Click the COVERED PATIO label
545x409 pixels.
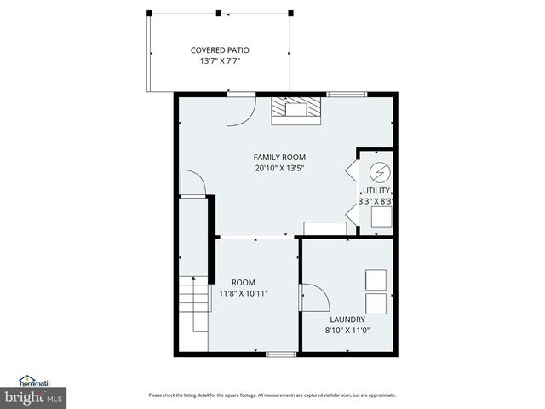(x=219, y=50)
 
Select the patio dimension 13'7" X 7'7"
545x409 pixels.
(x=219, y=61)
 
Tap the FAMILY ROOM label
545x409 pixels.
(x=279, y=157)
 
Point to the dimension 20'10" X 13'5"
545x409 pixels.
(x=279, y=168)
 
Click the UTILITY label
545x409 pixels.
(x=376, y=191)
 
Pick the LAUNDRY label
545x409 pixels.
(x=347, y=320)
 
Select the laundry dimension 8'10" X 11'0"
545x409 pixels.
(x=347, y=331)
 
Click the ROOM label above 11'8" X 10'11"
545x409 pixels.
(x=244, y=282)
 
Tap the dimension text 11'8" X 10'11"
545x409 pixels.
(x=244, y=293)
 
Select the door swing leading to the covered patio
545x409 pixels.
(x=242, y=108)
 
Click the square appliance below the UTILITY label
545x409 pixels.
(x=381, y=217)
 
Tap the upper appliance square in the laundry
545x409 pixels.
(x=376, y=279)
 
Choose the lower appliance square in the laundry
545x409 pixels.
(x=376, y=303)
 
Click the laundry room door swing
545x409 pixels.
(x=314, y=299)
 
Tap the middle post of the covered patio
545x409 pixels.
(x=219, y=13)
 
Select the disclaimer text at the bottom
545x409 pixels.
(x=272, y=395)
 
